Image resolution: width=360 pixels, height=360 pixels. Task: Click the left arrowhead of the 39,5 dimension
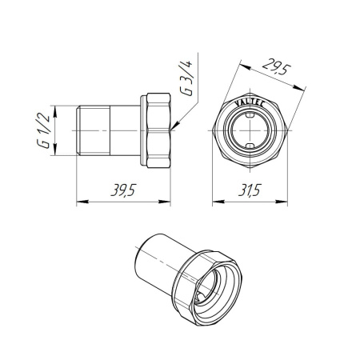tap(80, 202)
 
